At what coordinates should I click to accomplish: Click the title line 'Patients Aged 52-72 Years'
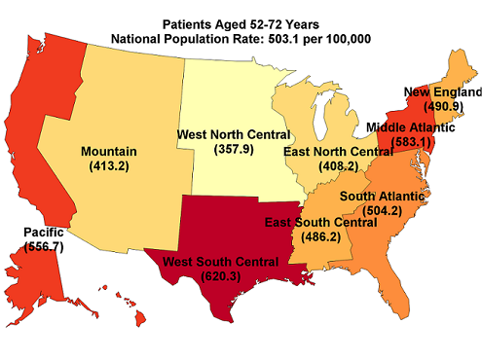(241, 22)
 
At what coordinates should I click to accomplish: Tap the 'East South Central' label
(320, 222)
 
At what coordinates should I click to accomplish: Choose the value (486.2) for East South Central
(320, 235)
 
